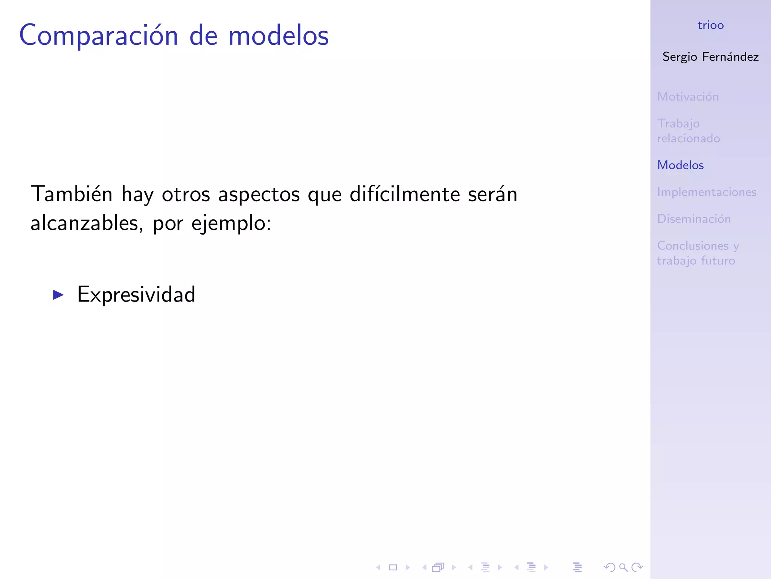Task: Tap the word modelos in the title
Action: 279,36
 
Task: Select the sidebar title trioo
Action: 710,25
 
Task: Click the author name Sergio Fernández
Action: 710,57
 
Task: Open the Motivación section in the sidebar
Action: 688,97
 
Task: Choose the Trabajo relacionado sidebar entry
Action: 688,131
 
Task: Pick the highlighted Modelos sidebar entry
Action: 680,165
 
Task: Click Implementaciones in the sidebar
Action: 707,192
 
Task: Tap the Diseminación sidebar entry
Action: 694,219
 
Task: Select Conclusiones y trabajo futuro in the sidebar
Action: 698,253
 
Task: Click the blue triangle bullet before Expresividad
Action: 58,295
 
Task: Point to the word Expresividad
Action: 136,294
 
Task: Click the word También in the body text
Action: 72,195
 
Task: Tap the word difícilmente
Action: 405,195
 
